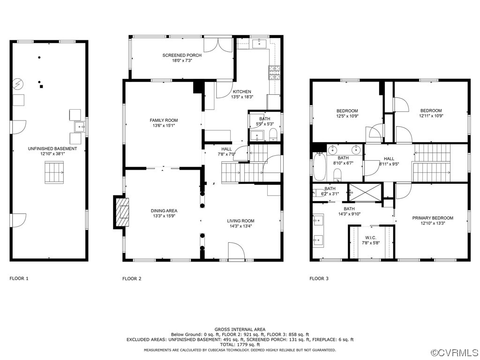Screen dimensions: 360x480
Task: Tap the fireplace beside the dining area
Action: tap(121, 212)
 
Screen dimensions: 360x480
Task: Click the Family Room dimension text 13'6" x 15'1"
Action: tap(164, 126)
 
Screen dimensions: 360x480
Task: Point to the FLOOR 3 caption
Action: tap(319, 278)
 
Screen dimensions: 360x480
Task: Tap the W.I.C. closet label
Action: tap(370, 238)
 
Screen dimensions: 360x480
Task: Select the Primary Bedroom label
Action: tap(432, 218)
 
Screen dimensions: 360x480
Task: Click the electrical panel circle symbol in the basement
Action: tap(18, 83)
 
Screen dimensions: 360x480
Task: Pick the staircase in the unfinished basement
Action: tap(53, 172)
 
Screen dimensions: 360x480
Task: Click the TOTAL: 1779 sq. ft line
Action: tap(240, 345)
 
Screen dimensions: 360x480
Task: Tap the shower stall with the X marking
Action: tap(365, 192)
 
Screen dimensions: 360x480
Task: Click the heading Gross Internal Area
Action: tap(240, 330)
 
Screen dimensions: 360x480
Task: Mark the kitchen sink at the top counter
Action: tap(259, 44)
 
